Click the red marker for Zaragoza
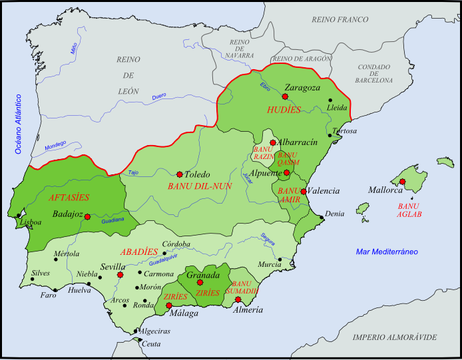pyautogui.click(x=285, y=96)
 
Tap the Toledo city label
pyautogui.click(x=196, y=174)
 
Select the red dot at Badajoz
pyautogui.click(x=87, y=216)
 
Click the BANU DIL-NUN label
pyautogui.click(x=200, y=186)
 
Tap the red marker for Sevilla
pyautogui.click(x=120, y=275)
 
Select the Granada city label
pyautogui.click(x=203, y=275)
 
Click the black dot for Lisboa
pyautogui.click(x=18, y=215)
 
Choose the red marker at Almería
pyautogui.click(x=238, y=299)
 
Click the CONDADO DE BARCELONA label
pyautogui.click(x=375, y=73)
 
